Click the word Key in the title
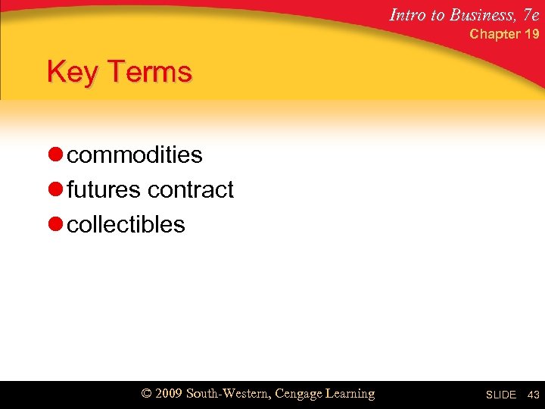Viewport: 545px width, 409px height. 71,73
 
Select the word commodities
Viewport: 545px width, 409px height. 135,155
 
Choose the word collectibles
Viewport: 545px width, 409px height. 126,225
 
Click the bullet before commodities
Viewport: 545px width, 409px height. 54,155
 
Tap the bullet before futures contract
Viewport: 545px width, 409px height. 54,190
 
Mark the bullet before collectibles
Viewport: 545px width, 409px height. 54,225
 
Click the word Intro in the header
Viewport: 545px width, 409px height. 408,14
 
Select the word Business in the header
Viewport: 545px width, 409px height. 481,14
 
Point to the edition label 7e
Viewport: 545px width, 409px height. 530,14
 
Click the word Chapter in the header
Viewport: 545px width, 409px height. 495,34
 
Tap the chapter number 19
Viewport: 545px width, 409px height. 531,34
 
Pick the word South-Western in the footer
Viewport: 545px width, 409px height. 228,394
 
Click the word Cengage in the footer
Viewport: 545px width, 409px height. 301,394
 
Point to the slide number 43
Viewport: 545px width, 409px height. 533,395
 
